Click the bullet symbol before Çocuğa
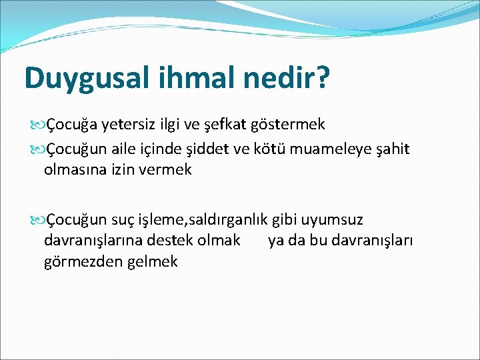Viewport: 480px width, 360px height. click(36, 125)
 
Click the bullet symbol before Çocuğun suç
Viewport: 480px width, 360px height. click(36, 219)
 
